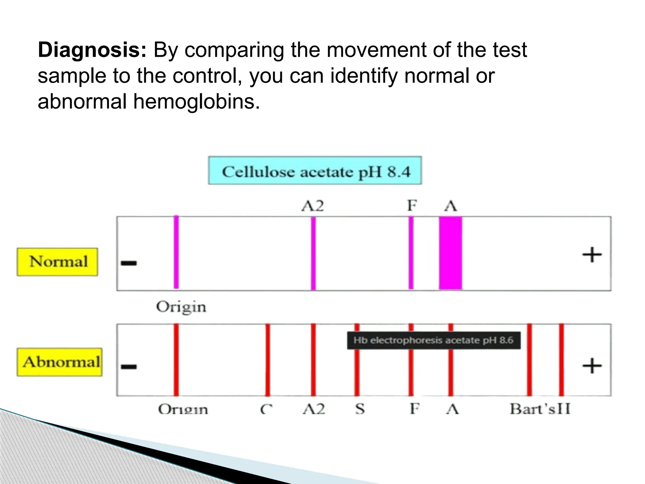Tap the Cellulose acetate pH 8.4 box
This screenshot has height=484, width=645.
[315, 170]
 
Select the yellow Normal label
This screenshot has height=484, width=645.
[57, 262]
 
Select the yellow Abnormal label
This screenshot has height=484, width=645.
[60, 362]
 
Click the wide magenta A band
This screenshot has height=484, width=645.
[451, 253]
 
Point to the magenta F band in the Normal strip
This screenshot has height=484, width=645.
[411, 253]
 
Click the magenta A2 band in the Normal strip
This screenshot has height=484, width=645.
[313, 253]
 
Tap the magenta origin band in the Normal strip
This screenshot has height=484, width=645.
[176, 252]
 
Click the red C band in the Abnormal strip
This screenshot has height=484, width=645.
[267, 360]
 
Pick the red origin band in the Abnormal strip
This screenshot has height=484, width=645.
[176, 360]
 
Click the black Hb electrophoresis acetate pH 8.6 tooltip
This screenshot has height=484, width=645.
[433, 340]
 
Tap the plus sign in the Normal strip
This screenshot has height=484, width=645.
[591, 255]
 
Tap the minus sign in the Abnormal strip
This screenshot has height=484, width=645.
[129, 366]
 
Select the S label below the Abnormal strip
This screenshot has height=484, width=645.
[360, 409]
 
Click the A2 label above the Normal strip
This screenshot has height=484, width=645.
[312, 206]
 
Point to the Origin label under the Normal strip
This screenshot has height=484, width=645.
[181, 307]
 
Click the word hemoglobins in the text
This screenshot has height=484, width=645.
[197, 102]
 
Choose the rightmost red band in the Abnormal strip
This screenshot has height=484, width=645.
[561, 360]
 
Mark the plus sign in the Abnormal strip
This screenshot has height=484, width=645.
[591, 366]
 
